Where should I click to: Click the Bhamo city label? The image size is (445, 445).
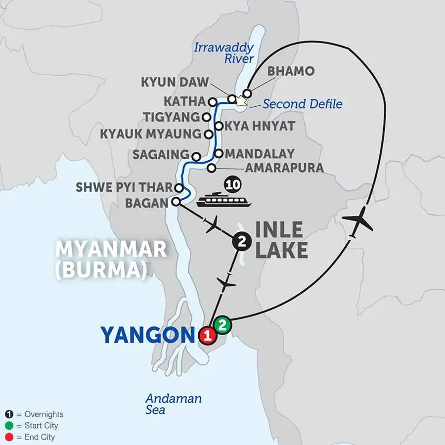coord(291,71)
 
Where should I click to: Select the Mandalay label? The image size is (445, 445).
coord(259,154)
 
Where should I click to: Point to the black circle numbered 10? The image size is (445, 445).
coord(231,185)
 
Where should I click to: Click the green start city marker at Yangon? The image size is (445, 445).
coord(222,325)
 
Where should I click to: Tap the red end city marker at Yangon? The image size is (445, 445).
coord(208,336)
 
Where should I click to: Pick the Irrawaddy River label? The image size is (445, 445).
coord(224,53)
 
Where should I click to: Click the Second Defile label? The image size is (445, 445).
coord(303,104)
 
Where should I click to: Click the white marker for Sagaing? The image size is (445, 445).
coord(196,157)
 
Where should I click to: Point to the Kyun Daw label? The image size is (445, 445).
coord(175,82)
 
